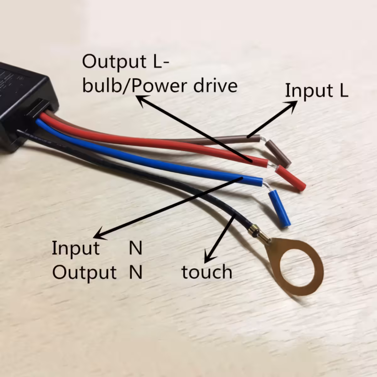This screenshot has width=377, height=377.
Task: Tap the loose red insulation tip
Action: (x=291, y=178)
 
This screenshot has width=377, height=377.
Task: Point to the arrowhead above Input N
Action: (x=100, y=234)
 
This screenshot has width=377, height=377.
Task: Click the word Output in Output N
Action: (x=84, y=272)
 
